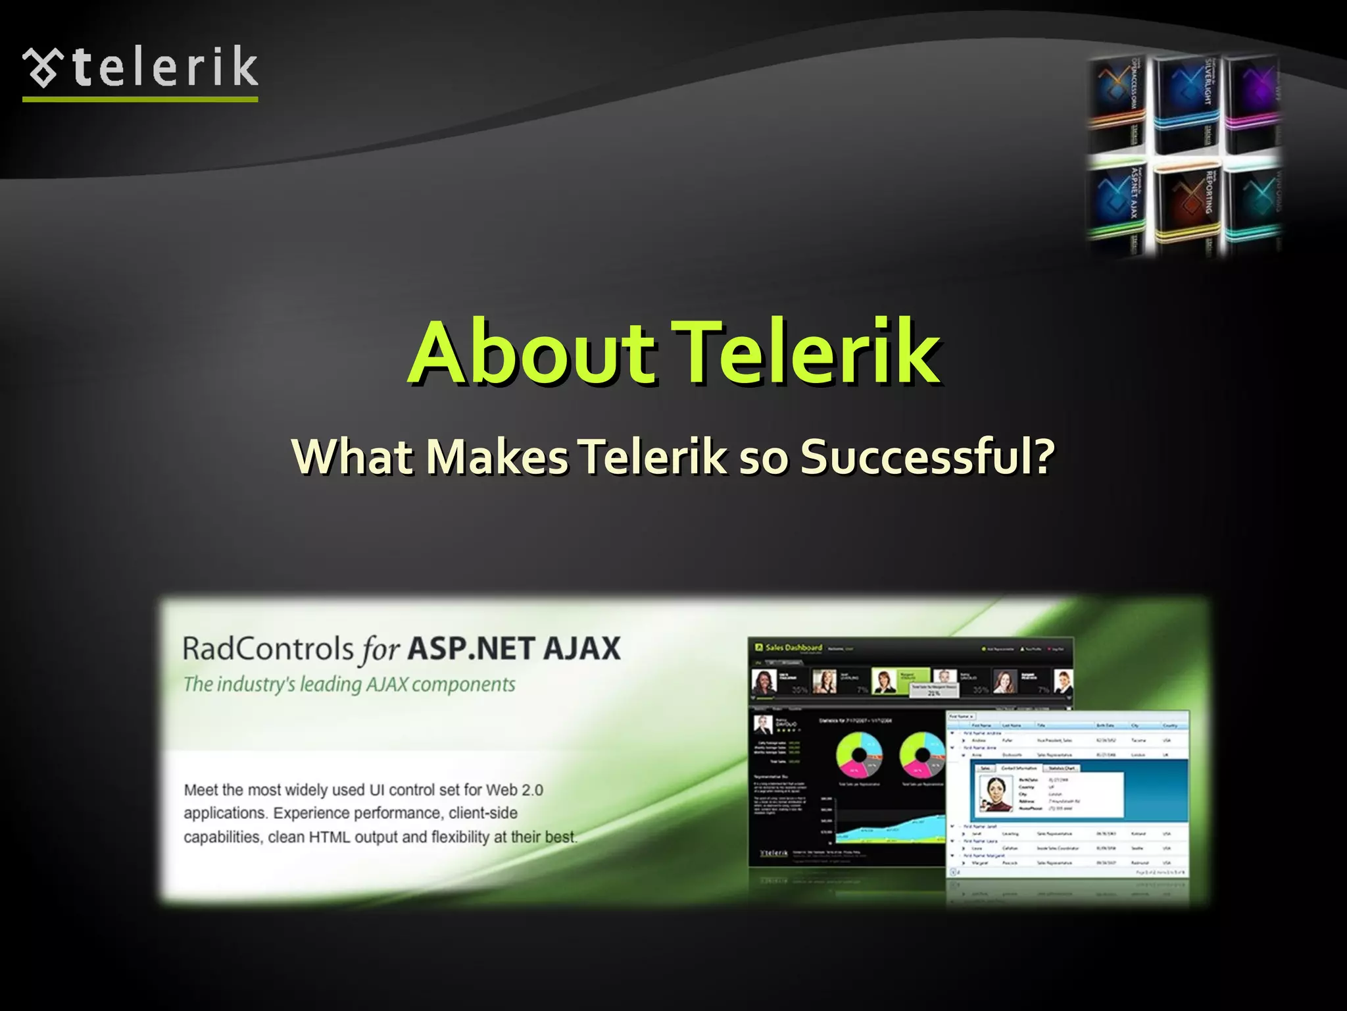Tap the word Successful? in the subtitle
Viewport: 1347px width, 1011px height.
[927, 456]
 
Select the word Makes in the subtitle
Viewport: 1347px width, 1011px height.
[497, 456]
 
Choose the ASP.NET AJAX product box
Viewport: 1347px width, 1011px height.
[1118, 204]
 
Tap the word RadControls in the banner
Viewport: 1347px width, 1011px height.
[268, 648]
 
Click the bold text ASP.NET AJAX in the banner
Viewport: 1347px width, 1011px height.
[514, 648]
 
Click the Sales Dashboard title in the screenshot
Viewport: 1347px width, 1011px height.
[793, 648]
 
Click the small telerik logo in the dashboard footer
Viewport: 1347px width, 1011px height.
[773, 853]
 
